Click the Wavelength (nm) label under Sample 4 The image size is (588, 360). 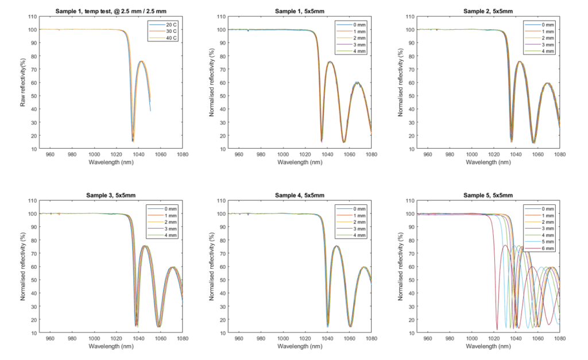coord(300,346)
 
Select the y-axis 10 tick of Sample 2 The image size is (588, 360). coord(411,149)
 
